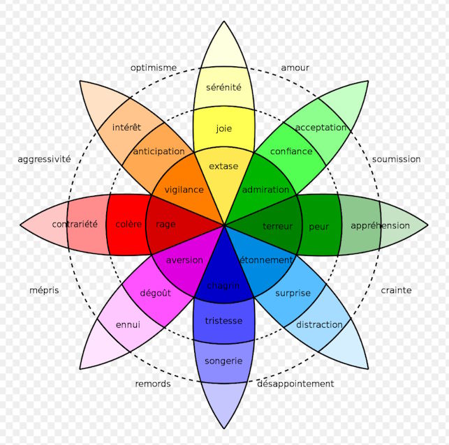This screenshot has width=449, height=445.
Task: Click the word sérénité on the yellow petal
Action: click(x=223, y=87)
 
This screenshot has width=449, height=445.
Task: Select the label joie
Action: click(x=224, y=128)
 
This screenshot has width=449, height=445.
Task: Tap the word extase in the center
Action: click(x=223, y=166)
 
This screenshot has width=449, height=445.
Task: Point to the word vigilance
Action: click(x=184, y=190)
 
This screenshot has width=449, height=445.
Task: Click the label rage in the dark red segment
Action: click(x=165, y=225)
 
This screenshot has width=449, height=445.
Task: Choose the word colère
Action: click(x=128, y=224)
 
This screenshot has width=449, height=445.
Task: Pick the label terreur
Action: click(x=278, y=227)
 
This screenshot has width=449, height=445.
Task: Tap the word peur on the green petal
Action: click(x=318, y=227)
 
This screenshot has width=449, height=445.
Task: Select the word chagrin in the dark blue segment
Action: click(x=223, y=286)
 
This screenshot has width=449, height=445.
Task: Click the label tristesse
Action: click(x=223, y=321)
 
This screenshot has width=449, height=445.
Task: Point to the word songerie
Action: click(x=223, y=361)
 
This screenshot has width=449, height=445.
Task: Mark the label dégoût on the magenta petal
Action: click(x=155, y=293)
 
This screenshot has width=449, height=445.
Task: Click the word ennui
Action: click(x=128, y=324)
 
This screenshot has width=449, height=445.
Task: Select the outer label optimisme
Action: click(x=154, y=68)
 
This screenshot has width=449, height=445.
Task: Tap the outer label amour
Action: click(x=295, y=68)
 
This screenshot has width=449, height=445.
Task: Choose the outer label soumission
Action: click(x=397, y=159)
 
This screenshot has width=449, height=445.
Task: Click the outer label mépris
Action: click(x=44, y=291)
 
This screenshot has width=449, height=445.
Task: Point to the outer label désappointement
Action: click(x=295, y=384)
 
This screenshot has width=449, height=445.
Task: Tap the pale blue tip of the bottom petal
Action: click(x=224, y=403)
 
